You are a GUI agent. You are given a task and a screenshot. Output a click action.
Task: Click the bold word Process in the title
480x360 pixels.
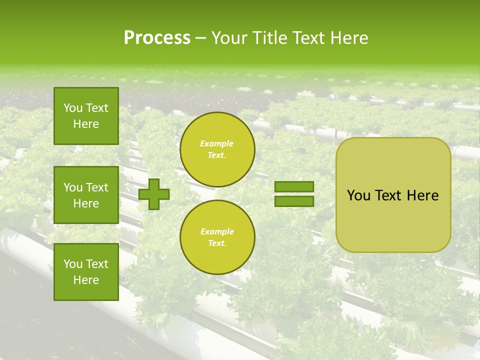point(157,38)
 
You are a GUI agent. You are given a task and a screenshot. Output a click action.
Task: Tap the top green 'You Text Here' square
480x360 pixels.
point(86,116)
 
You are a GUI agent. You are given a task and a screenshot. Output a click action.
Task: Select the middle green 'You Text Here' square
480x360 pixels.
point(86,195)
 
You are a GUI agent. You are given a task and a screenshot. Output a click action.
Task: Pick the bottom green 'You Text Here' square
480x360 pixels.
point(86,272)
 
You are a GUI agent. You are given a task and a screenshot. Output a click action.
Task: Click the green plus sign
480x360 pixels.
point(154,194)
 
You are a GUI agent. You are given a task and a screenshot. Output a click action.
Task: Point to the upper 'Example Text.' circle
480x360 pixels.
point(217,149)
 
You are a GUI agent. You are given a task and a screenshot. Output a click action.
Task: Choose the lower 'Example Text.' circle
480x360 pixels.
point(217,237)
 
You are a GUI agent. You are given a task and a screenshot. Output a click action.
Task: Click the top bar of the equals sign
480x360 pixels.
point(294,187)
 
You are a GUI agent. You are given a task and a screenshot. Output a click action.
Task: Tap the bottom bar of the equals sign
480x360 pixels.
point(294,201)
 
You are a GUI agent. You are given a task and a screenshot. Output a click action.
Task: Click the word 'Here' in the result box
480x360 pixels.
point(422,195)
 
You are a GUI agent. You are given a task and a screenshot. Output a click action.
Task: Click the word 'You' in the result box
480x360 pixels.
point(358,195)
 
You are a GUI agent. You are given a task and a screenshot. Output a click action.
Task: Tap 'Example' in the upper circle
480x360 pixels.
point(216,143)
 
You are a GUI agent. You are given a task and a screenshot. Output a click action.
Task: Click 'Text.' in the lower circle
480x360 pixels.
point(217,243)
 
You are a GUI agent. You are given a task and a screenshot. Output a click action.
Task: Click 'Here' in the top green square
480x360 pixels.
point(86,124)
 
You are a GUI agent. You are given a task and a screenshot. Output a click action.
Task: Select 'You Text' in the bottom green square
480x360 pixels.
point(86,264)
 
